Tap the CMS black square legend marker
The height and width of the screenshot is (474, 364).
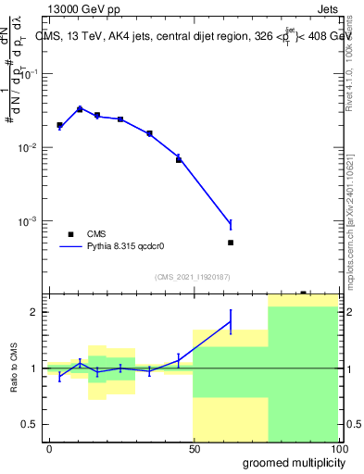(70, 234)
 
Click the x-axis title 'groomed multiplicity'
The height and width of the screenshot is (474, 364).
(288, 461)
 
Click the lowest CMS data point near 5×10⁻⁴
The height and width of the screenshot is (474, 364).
(231, 243)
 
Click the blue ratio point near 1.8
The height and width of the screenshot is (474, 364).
(231, 321)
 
